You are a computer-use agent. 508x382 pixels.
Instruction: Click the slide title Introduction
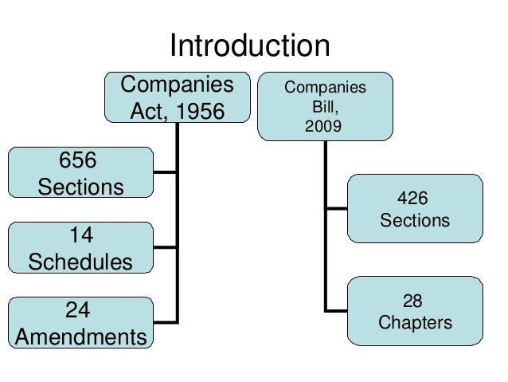click(x=249, y=45)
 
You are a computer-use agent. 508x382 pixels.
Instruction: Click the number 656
click(x=79, y=160)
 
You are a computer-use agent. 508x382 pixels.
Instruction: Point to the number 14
click(x=80, y=236)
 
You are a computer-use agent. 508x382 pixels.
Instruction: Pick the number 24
click(x=80, y=310)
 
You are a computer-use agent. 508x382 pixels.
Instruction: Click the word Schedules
click(x=80, y=262)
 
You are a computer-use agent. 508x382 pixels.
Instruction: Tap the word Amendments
click(x=80, y=336)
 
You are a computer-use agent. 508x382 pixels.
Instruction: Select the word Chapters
click(x=414, y=323)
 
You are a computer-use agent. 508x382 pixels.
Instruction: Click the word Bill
click(x=326, y=105)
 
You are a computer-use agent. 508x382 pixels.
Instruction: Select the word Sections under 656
click(x=80, y=187)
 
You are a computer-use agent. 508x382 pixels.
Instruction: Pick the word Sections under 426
click(x=414, y=219)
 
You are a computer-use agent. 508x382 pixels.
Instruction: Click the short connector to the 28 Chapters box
click(x=336, y=309)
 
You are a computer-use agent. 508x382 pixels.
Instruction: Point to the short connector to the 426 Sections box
click(x=336, y=209)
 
